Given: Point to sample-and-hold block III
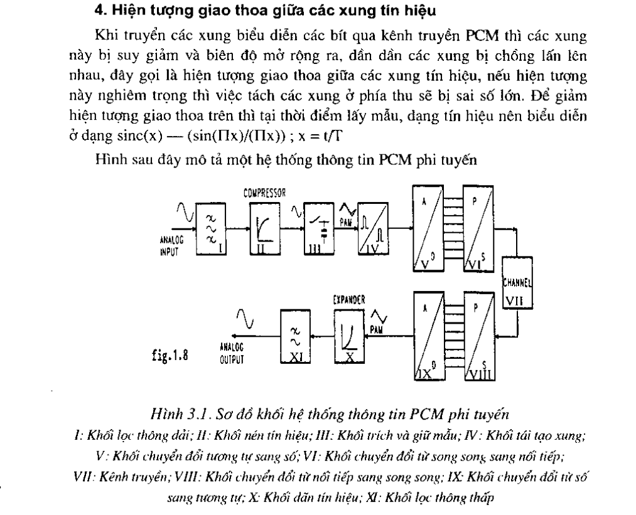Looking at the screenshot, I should pos(319,230).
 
